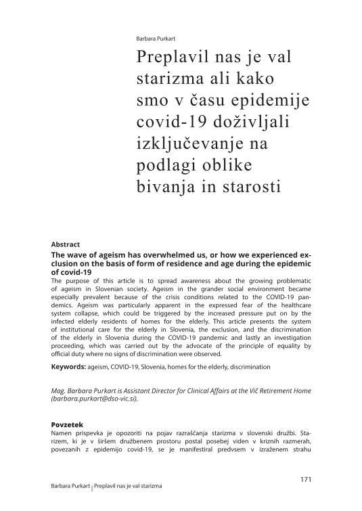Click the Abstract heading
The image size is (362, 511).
pyautogui.click(x=66, y=244)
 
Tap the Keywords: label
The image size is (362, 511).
pyautogui.click(x=71, y=367)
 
